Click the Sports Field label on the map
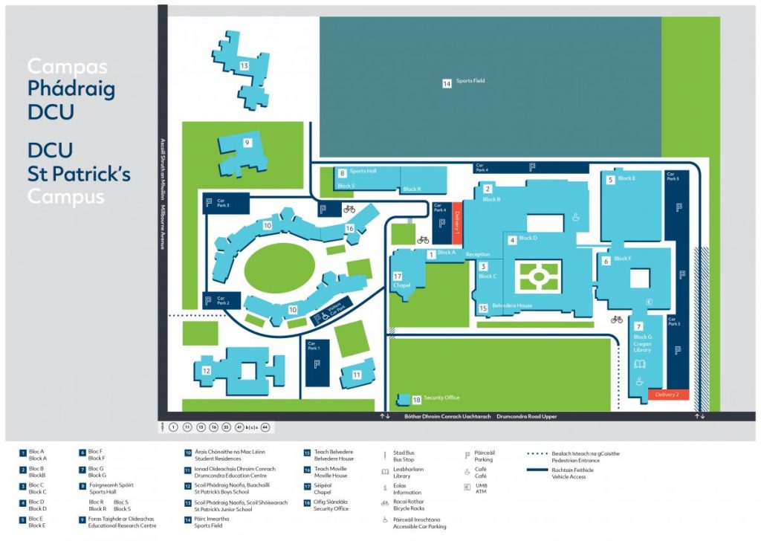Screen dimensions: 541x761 (x=470, y=81)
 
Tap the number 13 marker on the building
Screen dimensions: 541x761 (x=244, y=66)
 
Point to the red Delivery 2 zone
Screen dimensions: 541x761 (x=668, y=394)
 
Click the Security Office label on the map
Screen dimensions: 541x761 (x=441, y=398)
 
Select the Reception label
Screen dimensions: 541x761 (x=478, y=254)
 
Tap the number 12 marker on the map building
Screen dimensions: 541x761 (x=207, y=371)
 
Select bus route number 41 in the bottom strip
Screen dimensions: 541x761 (x=239, y=428)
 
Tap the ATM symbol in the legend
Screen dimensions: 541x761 (x=467, y=487)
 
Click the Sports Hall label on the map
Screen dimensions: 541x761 (x=363, y=171)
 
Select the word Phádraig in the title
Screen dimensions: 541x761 (x=71, y=89)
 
